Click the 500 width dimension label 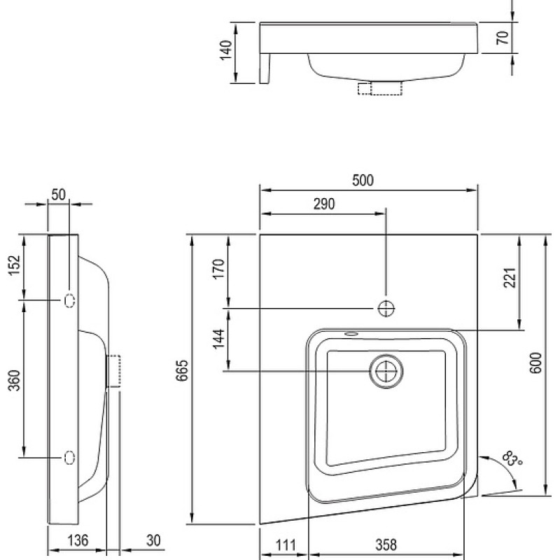coord(363,181)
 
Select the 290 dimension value coord(324,204)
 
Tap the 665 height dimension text coord(182,371)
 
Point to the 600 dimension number coord(535,363)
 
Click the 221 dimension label coord(510,277)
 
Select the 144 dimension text coord(218,339)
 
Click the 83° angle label coord(512,459)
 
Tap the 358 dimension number coord(386,545)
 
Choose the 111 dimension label coord(286,546)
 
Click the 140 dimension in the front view coord(226,50)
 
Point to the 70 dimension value coord(503,38)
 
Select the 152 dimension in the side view coord(15,265)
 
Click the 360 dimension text coord(15,380)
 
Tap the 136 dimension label coord(78,540)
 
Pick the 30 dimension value coord(153,540)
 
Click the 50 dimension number coord(59,195)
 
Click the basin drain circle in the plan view coord(386,372)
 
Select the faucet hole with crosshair coord(386,308)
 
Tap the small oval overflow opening coord(351,334)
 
